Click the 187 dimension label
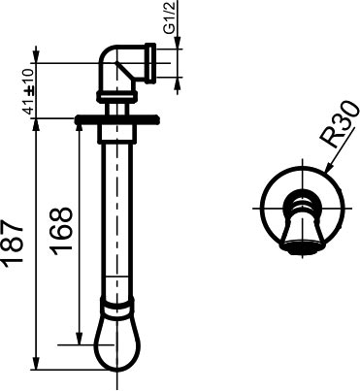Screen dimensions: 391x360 [x=13, y=239]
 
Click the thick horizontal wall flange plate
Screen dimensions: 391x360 [x=115, y=120]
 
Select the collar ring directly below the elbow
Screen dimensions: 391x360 [x=115, y=95]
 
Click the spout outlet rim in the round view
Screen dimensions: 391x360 [x=302, y=246]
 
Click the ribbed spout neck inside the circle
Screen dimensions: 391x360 [x=302, y=210]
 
